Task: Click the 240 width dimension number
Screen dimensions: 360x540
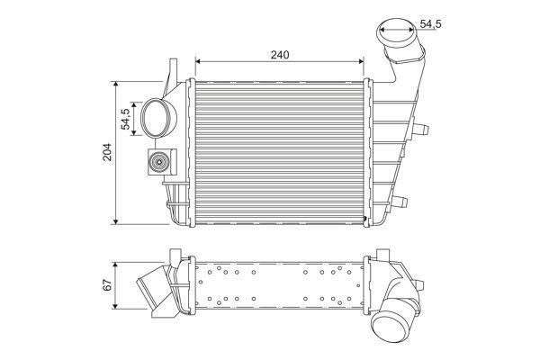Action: coord(280,55)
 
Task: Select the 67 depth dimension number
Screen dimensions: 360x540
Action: coord(107,286)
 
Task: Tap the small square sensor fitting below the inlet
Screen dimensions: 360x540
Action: coord(159,164)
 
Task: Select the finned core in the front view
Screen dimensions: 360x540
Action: coord(280,148)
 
